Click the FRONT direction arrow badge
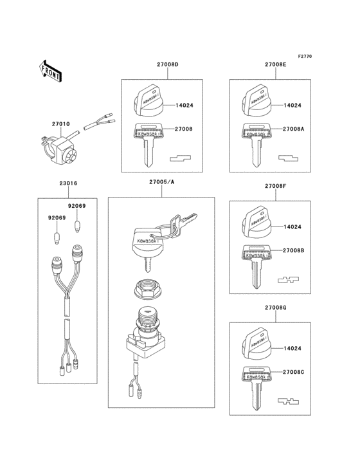pos(51,71)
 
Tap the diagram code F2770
pos(304,57)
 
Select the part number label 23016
pos(68,183)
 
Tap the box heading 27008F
pos(274,186)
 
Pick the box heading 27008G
pos(274,308)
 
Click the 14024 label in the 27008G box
pos(292,348)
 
